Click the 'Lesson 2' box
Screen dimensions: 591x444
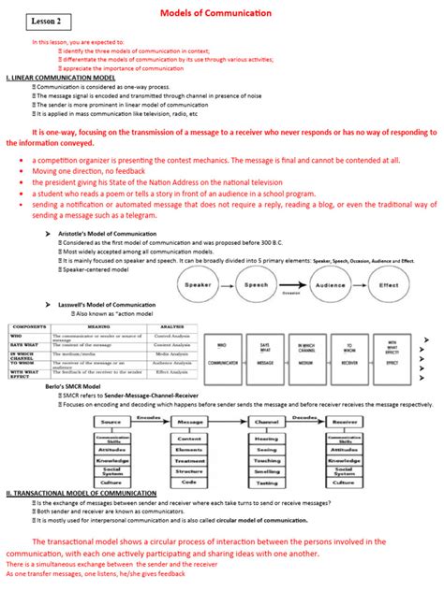(41, 20)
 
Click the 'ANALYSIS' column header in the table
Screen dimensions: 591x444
(171, 326)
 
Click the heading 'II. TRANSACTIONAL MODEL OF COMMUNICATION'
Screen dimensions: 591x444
(85, 493)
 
